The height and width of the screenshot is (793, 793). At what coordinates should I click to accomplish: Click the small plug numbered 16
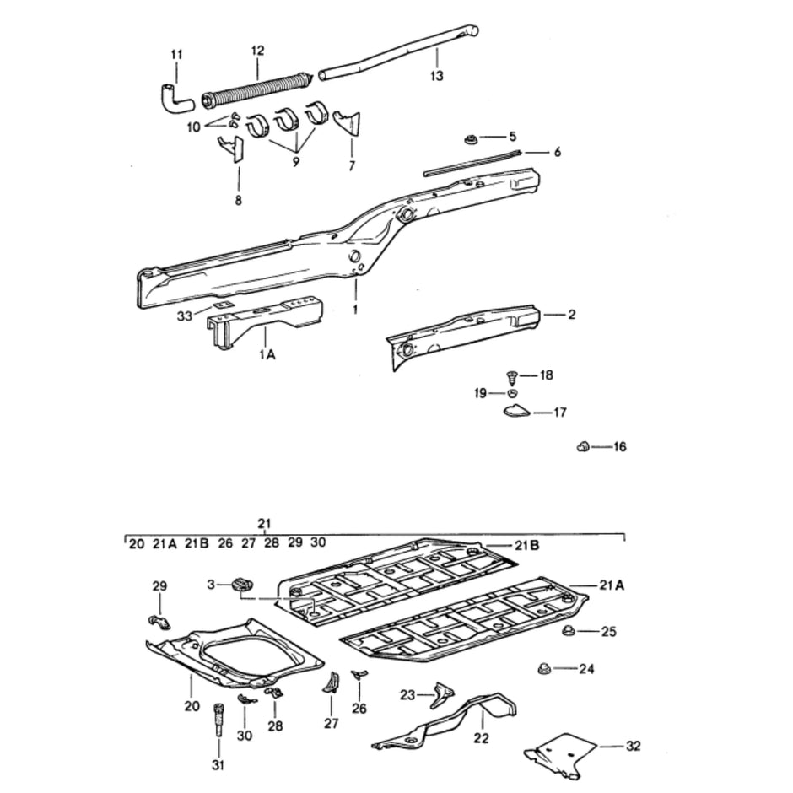tap(582, 446)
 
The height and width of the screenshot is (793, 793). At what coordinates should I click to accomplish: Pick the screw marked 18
tap(510, 375)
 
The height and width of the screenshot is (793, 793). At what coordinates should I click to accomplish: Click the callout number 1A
tap(267, 355)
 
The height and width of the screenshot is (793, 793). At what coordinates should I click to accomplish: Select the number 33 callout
tap(185, 316)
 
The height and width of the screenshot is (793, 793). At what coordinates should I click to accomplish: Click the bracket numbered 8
tap(230, 150)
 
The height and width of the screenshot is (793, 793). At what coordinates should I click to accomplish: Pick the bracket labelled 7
tap(348, 121)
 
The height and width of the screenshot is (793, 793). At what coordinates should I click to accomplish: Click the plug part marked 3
tap(244, 583)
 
